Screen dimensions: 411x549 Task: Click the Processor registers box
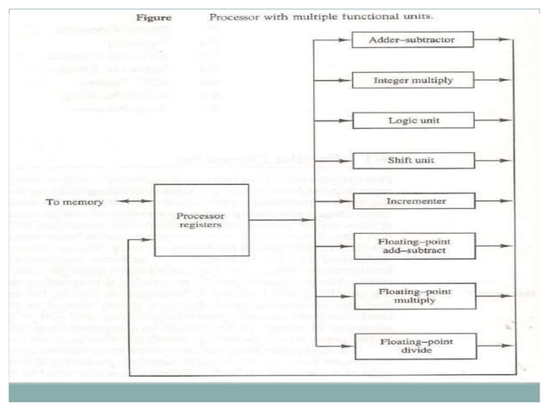pos(200,220)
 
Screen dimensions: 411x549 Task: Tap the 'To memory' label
pos(75,203)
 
